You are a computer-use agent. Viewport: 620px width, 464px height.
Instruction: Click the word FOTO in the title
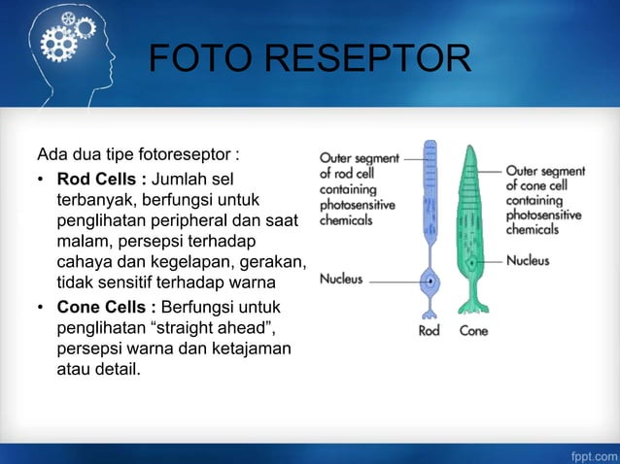tap(189, 58)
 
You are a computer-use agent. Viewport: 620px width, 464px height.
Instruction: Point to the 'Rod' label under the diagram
tap(430, 330)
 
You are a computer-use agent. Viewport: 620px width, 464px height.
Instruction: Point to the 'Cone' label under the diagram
tap(473, 330)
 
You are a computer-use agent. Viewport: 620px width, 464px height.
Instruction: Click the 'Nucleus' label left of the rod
tap(341, 280)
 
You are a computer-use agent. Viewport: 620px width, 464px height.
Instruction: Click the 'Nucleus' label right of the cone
tap(528, 260)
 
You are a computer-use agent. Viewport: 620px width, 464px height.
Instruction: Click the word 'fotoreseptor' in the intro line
tap(189, 155)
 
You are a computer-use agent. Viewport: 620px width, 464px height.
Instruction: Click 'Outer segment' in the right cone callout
tap(544, 172)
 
